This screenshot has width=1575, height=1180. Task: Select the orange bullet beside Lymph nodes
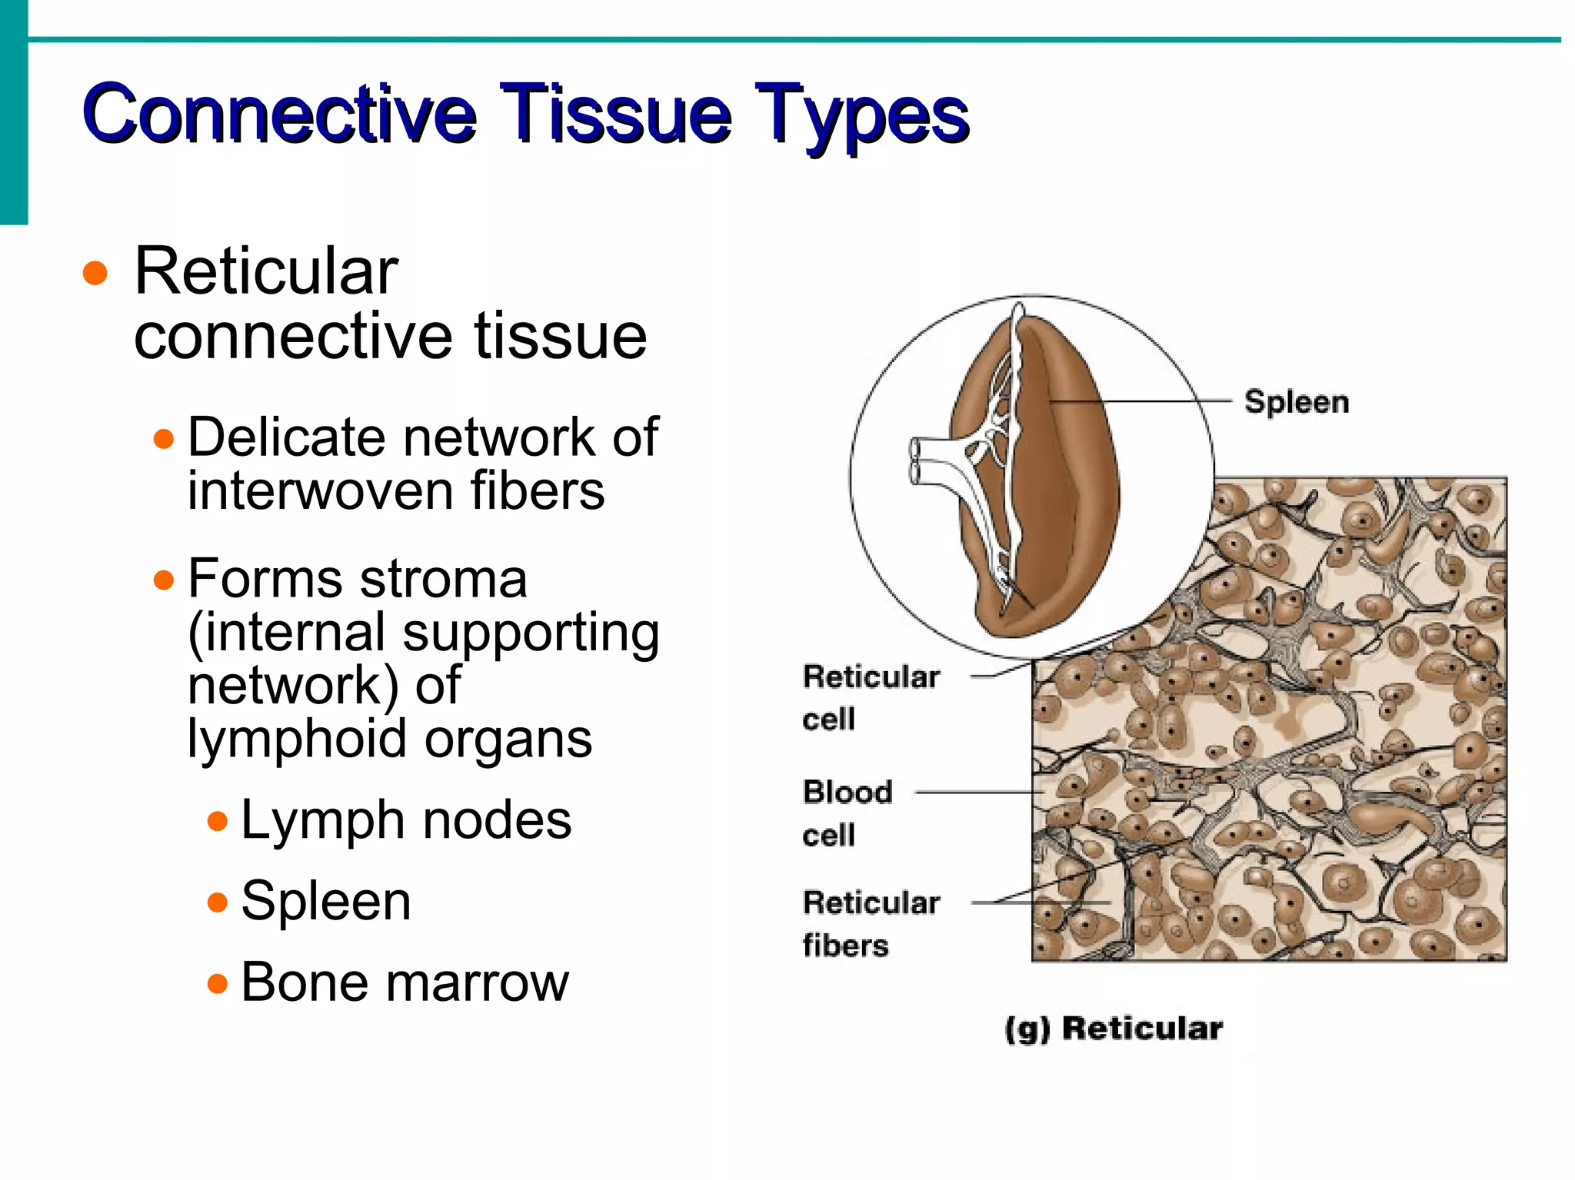[218, 821]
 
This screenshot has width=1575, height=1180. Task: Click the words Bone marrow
[405, 982]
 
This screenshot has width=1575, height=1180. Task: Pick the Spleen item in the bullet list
[325, 901]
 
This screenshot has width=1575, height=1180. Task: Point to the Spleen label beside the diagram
[1297, 402]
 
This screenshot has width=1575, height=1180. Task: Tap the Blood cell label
[846, 812]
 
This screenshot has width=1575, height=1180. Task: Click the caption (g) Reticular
[1113, 1029]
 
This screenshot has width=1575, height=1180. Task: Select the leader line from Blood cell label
[977, 792]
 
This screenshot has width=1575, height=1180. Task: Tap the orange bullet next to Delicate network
[163, 440]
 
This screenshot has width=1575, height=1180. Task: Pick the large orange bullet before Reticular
[95, 273]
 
